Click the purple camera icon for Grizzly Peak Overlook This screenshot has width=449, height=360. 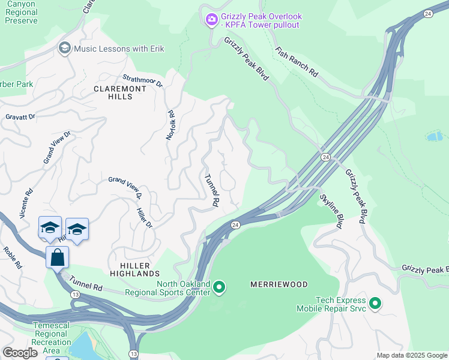(x=211, y=20)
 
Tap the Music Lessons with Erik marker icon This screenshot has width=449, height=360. (x=64, y=48)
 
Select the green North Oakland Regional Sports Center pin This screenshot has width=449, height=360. (x=219, y=289)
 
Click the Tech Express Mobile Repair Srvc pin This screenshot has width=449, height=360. (x=375, y=304)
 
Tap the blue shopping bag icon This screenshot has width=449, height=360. (x=57, y=257)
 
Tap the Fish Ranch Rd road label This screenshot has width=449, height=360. (x=297, y=62)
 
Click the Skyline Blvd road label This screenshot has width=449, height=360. (x=331, y=212)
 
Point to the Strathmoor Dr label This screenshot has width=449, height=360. (x=142, y=81)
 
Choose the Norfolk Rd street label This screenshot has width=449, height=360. (x=170, y=125)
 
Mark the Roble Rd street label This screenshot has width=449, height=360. (x=12, y=257)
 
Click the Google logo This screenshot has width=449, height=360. (x=20, y=353)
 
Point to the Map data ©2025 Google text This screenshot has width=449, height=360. (x=411, y=355)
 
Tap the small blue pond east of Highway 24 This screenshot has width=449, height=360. (x=435, y=136)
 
